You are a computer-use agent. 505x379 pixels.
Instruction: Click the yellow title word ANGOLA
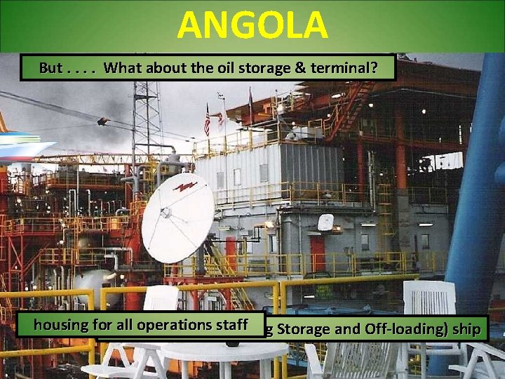(x=252, y=25)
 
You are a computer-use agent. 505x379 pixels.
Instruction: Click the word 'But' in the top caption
(x=50, y=68)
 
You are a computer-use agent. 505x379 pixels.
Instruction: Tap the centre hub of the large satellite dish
(x=166, y=213)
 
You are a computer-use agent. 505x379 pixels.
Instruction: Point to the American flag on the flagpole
(x=207, y=121)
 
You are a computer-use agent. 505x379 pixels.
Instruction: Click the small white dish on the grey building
(x=325, y=222)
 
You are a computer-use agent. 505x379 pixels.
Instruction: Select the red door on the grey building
(x=317, y=253)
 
